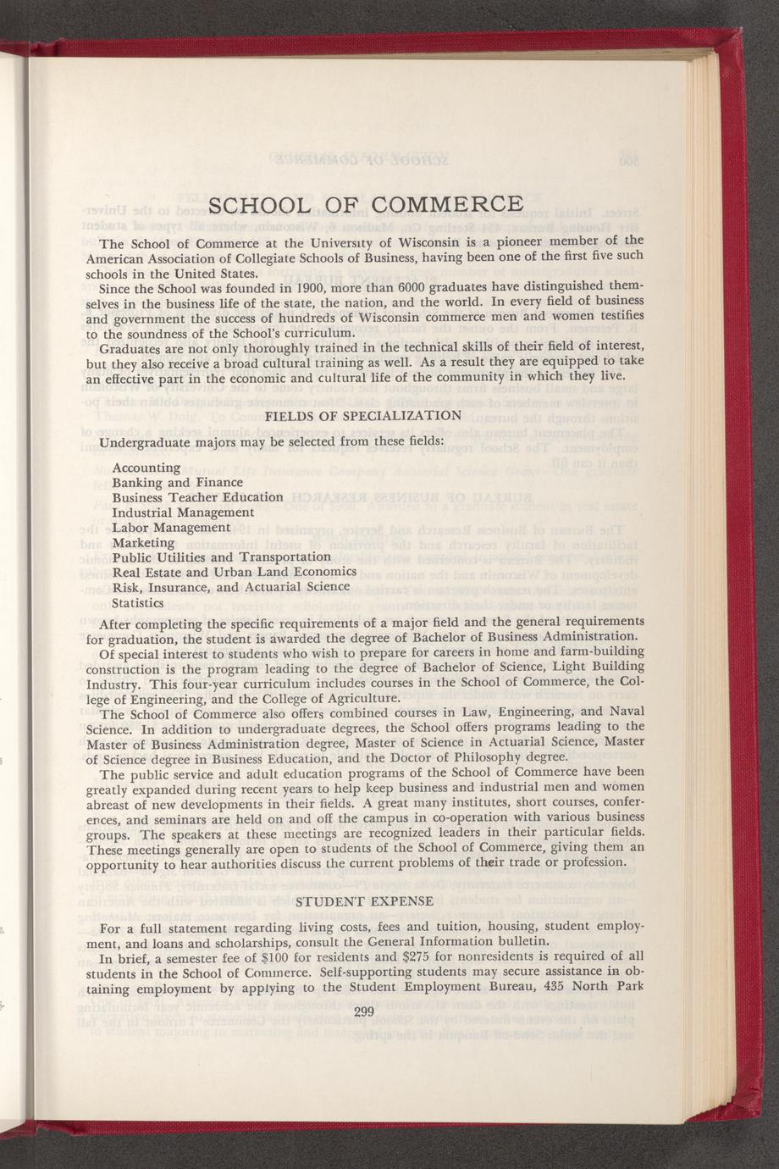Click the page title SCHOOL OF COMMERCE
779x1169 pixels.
365,205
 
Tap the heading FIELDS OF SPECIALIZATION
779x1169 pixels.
363,416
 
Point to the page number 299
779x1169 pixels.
364,1011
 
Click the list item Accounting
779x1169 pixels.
146,468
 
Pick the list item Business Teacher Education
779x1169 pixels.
197,497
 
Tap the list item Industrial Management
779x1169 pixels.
183,512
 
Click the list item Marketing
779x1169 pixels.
143,542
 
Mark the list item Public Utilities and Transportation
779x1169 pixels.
221,557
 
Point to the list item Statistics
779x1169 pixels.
138,602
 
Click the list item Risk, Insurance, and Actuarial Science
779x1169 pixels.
224,587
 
